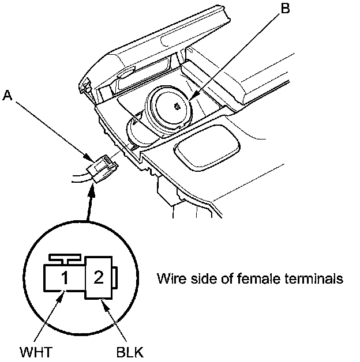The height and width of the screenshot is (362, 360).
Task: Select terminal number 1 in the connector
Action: pos(66,278)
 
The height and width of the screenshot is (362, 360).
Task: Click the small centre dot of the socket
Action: pos(177,105)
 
